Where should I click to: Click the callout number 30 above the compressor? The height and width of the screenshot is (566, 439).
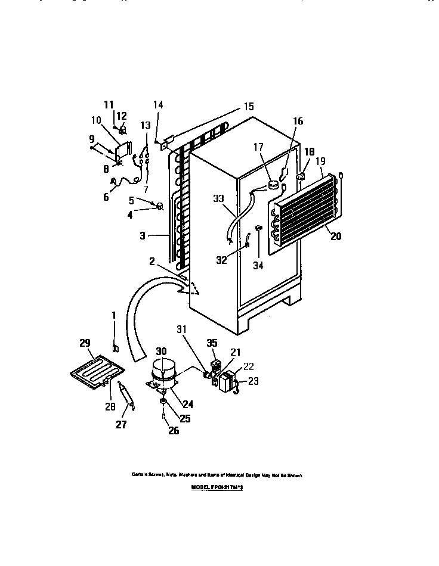click(161, 351)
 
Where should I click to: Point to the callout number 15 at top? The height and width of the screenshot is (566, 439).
click(248, 107)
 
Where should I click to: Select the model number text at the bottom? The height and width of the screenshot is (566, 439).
click(218, 487)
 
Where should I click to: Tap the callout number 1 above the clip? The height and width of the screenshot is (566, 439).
click(114, 315)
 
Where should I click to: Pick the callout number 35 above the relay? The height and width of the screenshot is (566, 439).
click(212, 343)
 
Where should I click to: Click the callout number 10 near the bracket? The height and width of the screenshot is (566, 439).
click(96, 120)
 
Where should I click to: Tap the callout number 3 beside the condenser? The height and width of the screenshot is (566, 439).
click(142, 237)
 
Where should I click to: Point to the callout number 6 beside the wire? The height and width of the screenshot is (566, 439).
click(106, 197)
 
